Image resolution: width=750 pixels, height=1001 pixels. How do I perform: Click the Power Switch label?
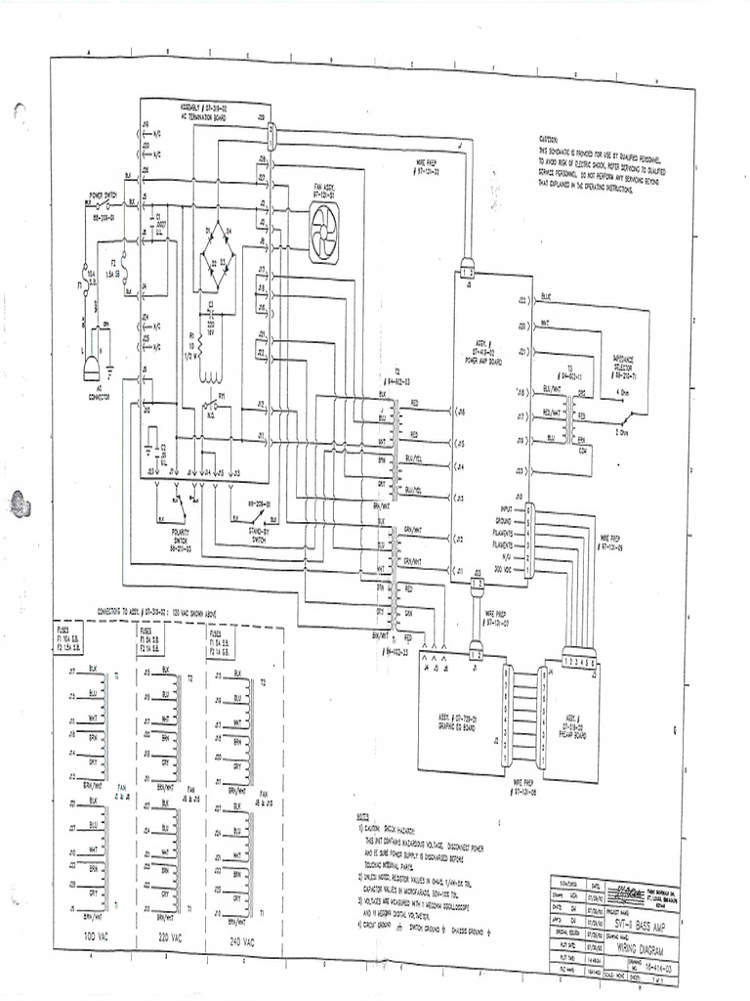point(104,196)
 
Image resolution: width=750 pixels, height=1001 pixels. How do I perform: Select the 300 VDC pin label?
point(509,568)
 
